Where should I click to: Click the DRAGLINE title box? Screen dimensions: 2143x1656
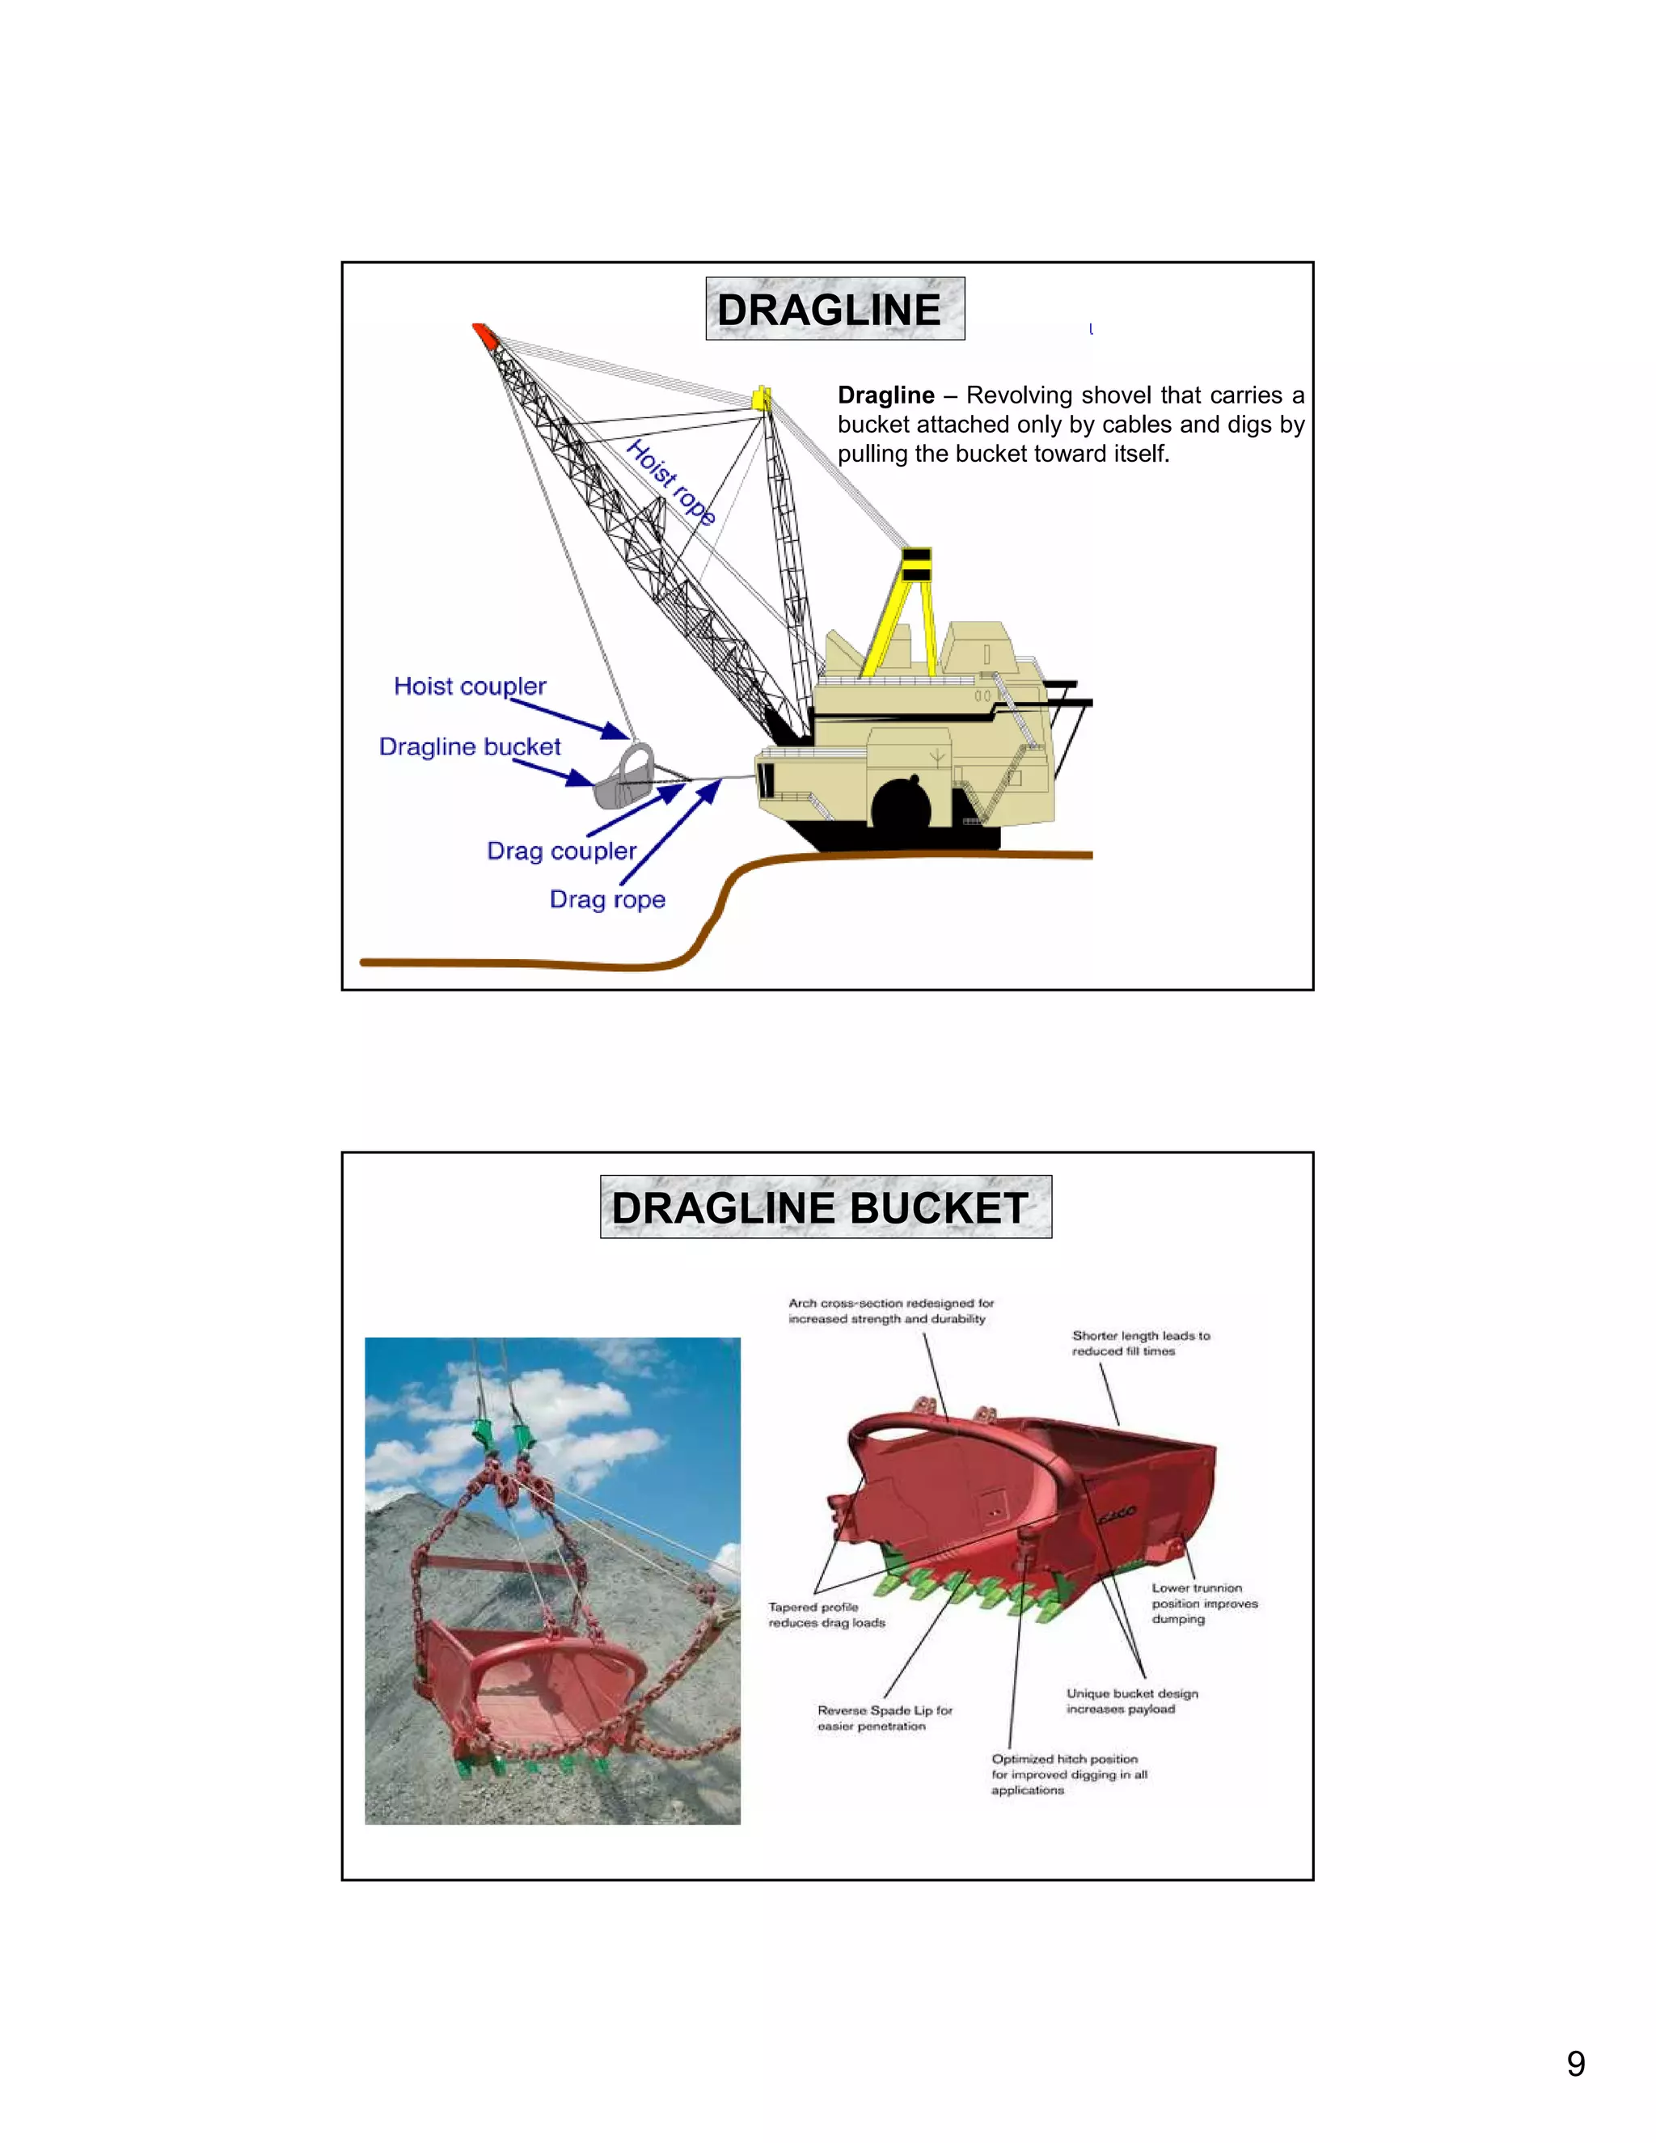834,309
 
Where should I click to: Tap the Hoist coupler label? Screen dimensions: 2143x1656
469,686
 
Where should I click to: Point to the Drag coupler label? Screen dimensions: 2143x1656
561,851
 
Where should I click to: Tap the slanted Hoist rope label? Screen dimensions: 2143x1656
671,482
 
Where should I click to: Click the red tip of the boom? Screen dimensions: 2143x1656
484,335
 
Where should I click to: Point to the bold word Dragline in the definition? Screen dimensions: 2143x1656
885,395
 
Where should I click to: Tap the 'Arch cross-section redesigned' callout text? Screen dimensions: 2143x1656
889,1311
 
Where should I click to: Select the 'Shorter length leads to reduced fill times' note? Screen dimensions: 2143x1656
1140,1343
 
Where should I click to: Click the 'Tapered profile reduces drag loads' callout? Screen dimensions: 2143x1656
826,1614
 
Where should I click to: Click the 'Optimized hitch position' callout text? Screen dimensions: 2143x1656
1067,1774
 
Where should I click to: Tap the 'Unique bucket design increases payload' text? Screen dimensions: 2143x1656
1131,1701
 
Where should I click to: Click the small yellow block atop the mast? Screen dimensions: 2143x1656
760,399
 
